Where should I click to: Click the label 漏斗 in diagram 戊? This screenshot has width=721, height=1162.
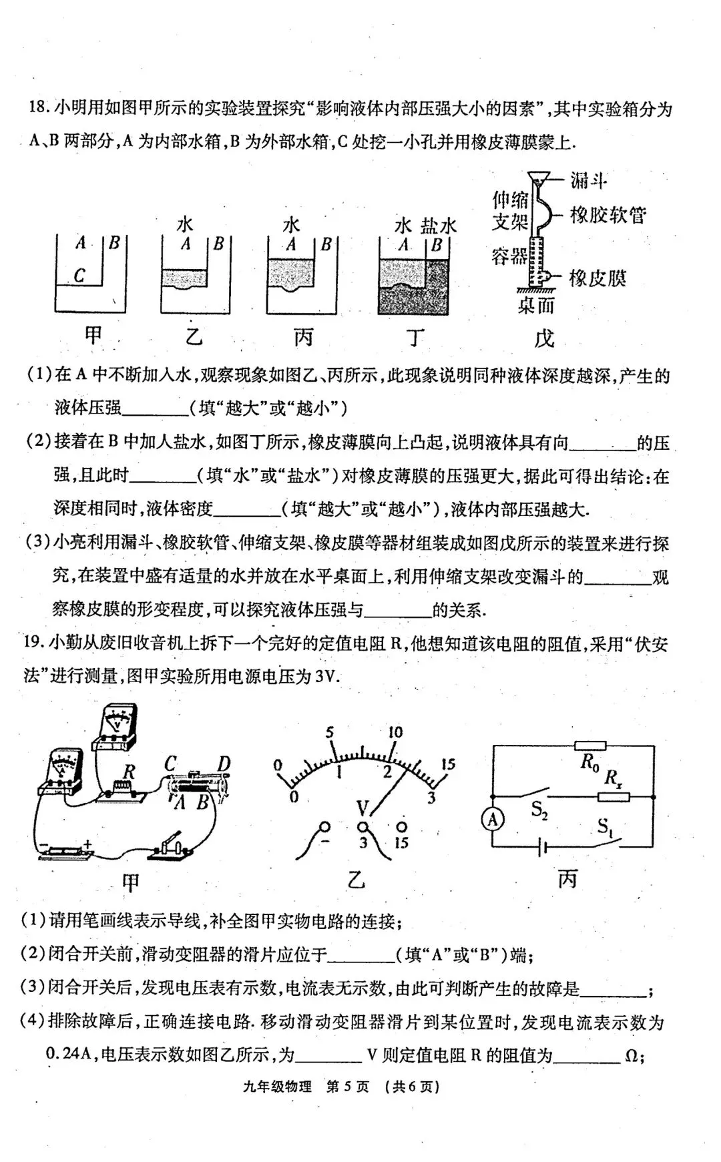(588, 180)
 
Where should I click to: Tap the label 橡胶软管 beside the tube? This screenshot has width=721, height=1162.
(608, 215)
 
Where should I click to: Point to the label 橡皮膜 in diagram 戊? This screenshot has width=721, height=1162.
(597, 278)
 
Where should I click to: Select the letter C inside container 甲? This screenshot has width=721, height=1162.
(79, 275)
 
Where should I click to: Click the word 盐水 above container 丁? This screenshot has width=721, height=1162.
(438, 226)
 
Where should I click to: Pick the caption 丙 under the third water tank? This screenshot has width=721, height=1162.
(304, 337)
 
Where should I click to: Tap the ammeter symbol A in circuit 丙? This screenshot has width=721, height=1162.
(493, 820)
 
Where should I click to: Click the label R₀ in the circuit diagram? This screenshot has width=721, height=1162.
(589, 762)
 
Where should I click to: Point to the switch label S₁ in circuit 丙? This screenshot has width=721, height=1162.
(606, 828)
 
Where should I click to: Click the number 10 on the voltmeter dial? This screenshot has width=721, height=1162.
(395, 732)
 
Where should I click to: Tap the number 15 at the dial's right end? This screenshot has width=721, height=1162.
(448, 764)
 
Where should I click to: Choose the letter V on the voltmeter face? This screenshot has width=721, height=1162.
(363, 810)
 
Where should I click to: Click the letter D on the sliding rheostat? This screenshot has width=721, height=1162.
(224, 764)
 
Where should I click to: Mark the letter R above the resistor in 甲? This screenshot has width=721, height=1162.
(129, 772)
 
